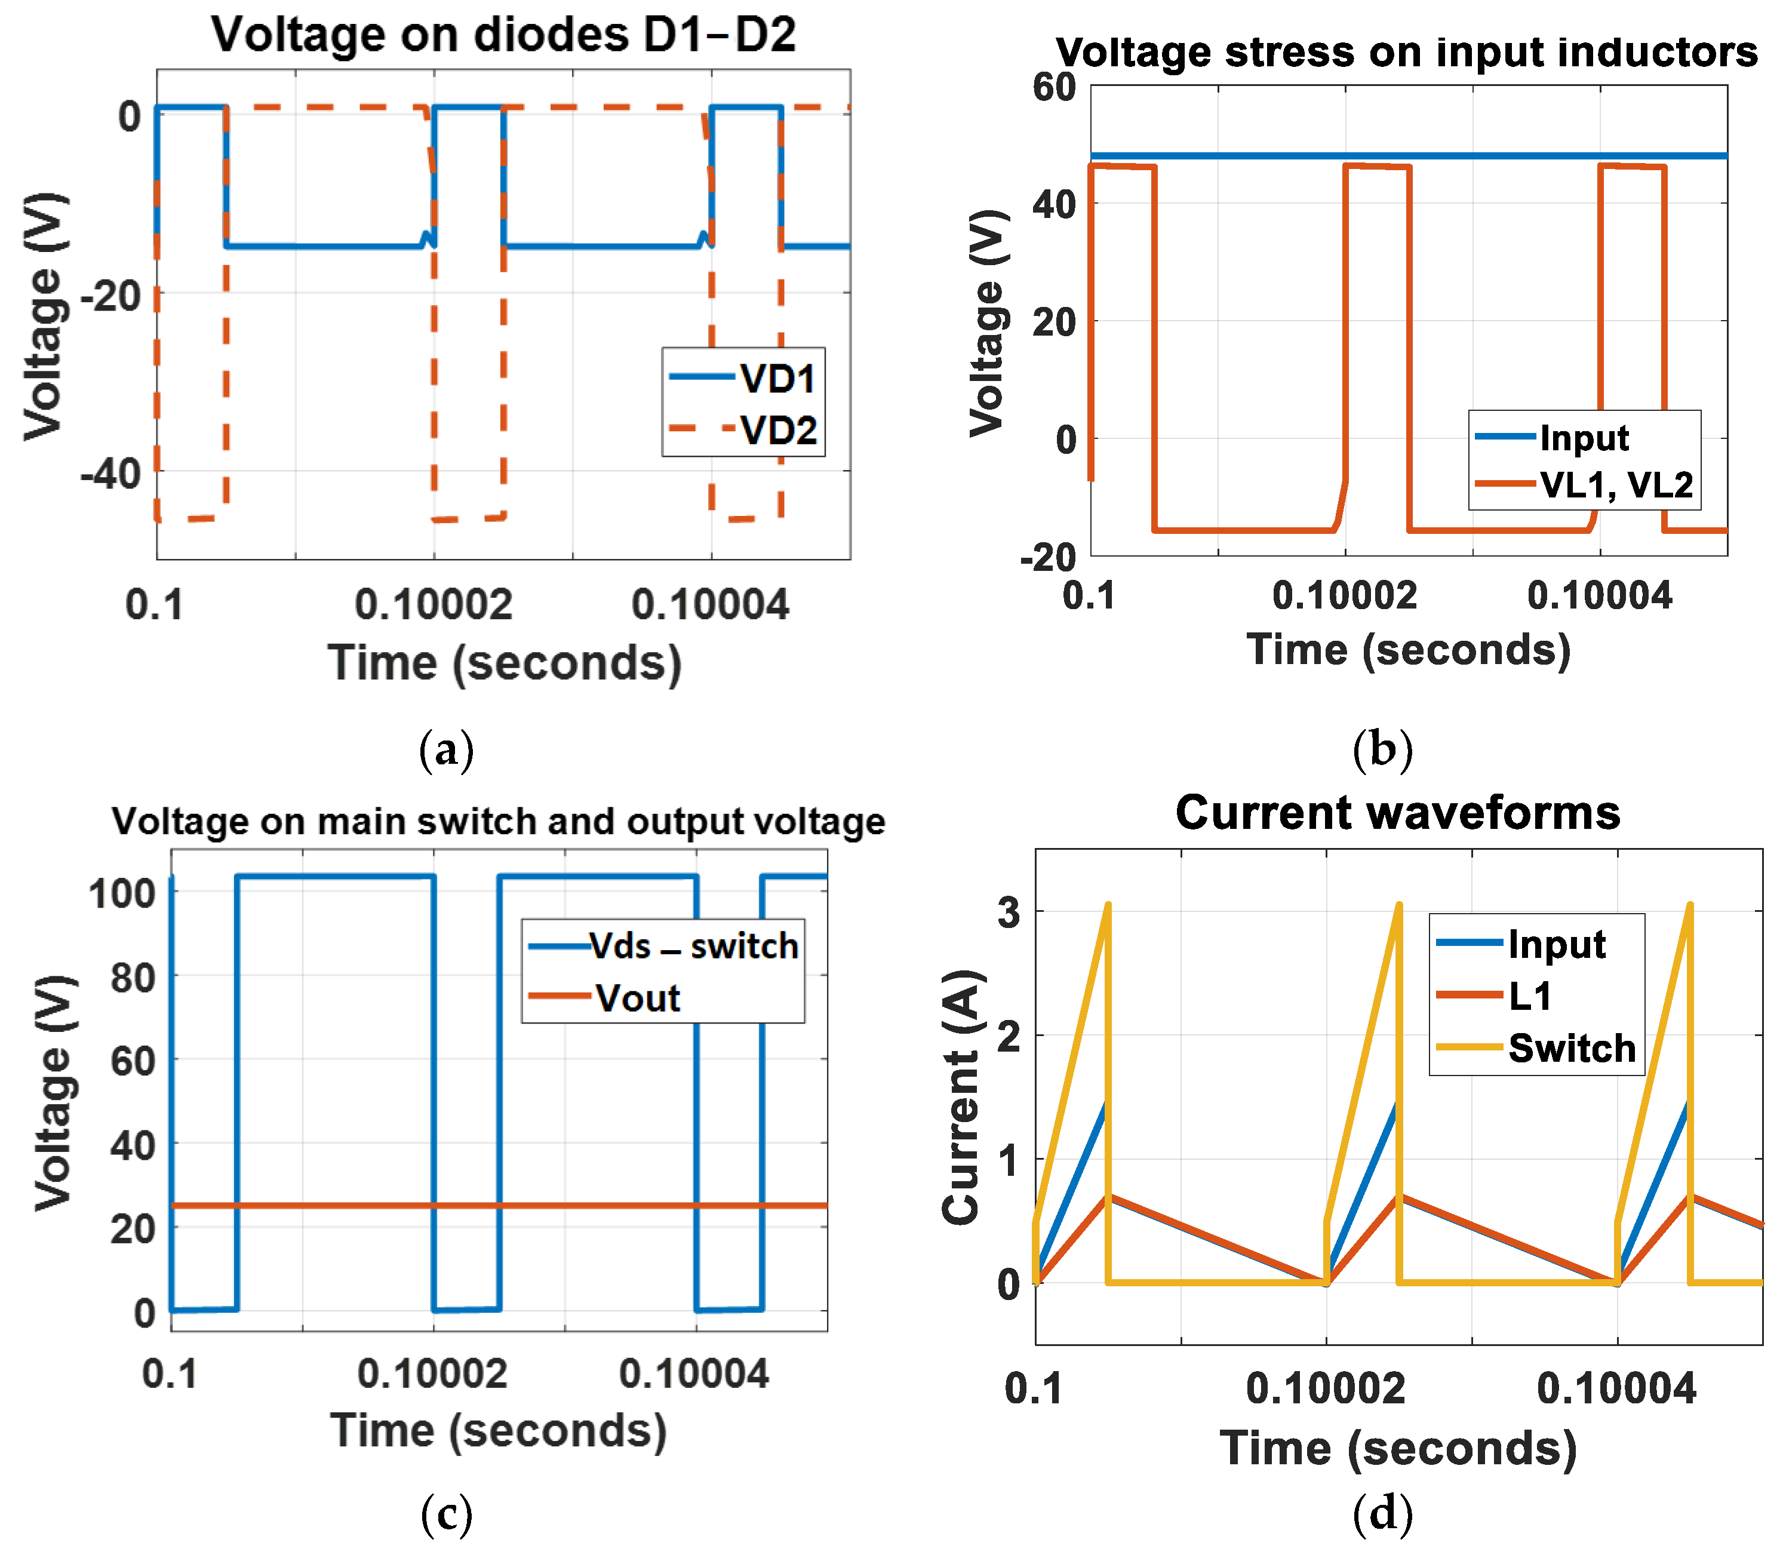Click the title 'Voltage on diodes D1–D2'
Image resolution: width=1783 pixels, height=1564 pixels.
tap(503, 35)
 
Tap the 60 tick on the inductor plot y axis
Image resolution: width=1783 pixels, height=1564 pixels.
tap(1054, 87)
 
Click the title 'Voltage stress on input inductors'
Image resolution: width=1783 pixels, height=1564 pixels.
tap(1406, 53)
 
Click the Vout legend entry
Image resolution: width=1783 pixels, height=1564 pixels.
tap(637, 998)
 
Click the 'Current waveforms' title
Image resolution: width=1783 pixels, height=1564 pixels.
tap(1397, 813)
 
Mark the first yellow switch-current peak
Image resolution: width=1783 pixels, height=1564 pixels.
tap(1107, 905)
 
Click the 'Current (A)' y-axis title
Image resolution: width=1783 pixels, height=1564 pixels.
tap(961, 1098)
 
